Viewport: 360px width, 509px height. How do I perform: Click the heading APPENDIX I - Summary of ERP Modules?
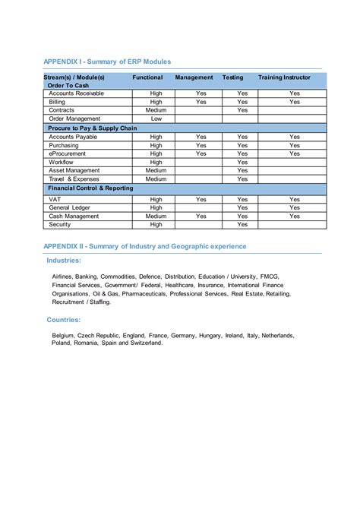(107, 61)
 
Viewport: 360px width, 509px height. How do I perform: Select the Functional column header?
(147, 77)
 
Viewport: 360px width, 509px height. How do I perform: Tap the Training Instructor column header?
(284, 77)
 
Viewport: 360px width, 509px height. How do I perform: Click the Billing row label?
(58, 102)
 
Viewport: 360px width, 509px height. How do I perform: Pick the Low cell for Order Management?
(156, 119)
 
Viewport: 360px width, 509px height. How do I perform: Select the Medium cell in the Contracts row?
(156, 110)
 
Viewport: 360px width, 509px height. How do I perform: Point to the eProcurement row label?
(67, 153)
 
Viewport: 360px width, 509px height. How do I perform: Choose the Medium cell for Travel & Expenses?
(156, 179)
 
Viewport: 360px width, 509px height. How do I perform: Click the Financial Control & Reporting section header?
(90, 188)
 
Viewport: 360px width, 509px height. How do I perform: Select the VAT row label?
(55, 199)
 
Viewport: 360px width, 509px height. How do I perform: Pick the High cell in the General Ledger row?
(156, 207)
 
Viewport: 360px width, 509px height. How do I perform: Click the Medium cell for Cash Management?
(156, 216)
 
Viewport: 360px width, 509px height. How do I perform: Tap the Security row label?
(60, 224)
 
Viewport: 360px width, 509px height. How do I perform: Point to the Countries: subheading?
(64, 320)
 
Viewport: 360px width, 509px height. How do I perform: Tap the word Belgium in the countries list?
(65, 335)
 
